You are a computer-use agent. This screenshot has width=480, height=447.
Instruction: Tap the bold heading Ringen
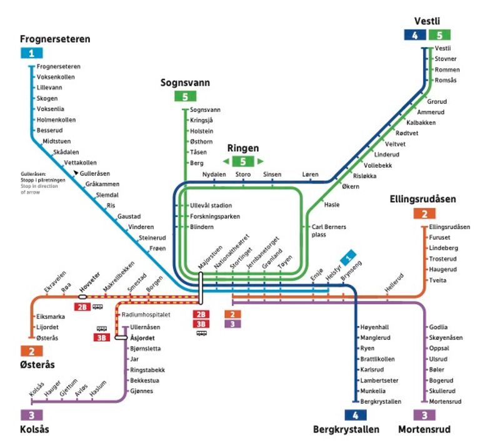point(242,149)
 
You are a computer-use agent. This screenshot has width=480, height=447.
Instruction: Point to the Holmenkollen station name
point(56,120)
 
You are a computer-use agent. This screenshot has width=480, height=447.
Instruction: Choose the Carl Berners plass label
point(328,231)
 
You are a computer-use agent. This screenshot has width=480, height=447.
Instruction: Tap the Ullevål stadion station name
point(211,205)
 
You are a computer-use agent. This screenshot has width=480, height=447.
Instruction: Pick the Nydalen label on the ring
point(214,174)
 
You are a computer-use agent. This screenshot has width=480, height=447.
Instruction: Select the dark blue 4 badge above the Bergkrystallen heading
point(355,414)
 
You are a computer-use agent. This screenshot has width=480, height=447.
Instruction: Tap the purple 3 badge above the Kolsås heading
point(32,414)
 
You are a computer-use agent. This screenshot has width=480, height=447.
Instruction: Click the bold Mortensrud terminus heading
point(424,429)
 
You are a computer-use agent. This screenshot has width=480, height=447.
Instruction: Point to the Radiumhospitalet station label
point(146,314)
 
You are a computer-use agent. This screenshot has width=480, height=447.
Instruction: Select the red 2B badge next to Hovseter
point(81,307)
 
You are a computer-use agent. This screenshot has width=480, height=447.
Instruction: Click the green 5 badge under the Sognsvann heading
point(185,96)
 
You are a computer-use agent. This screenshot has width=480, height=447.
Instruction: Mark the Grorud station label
point(437,101)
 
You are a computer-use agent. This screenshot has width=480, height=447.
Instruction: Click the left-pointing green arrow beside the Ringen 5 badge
point(226,162)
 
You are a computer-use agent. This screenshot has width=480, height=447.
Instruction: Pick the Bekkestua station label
point(145,380)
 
